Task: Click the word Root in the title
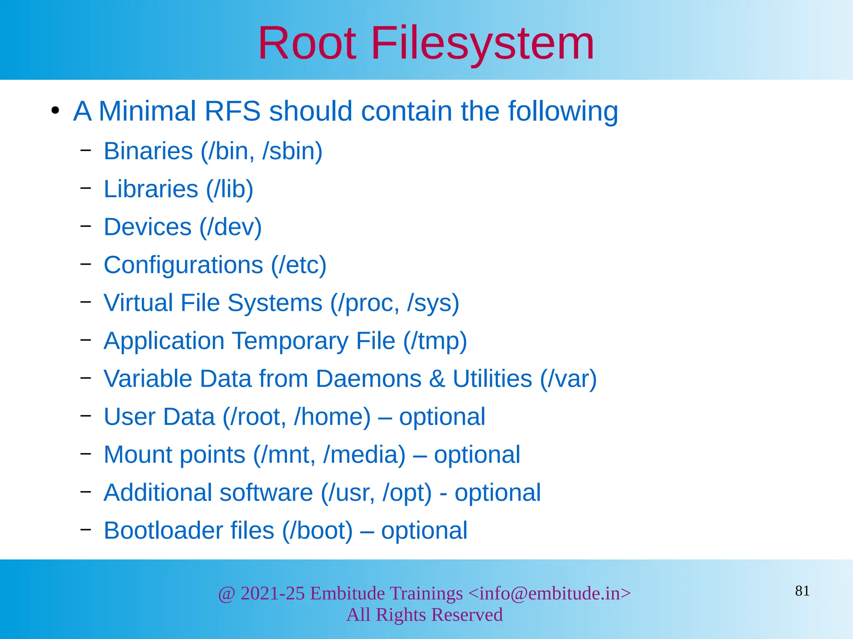click(x=307, y=43)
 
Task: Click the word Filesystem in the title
click(x=482, y=43)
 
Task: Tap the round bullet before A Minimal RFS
click(x=55, y=111)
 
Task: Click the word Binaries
click(x=148, y=151)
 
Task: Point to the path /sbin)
click(x=292, y=151)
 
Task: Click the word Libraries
click(x=151, y=189)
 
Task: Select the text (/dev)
click(x=230, y=227)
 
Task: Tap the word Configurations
click(x=183, y=265)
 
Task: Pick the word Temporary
click(x=290, y=341)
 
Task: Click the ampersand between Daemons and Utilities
click(x=437, y=379)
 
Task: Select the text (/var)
click(x=568, y=379)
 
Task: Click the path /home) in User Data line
click(x=332, y=416)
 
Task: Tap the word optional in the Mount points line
click(x=477, y=454)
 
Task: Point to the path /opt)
click(x=407, y=493)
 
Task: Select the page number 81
click(x=802, y=591)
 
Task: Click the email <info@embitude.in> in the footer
click(x=549, y=593)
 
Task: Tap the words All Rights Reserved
click(x=424, y=614)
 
